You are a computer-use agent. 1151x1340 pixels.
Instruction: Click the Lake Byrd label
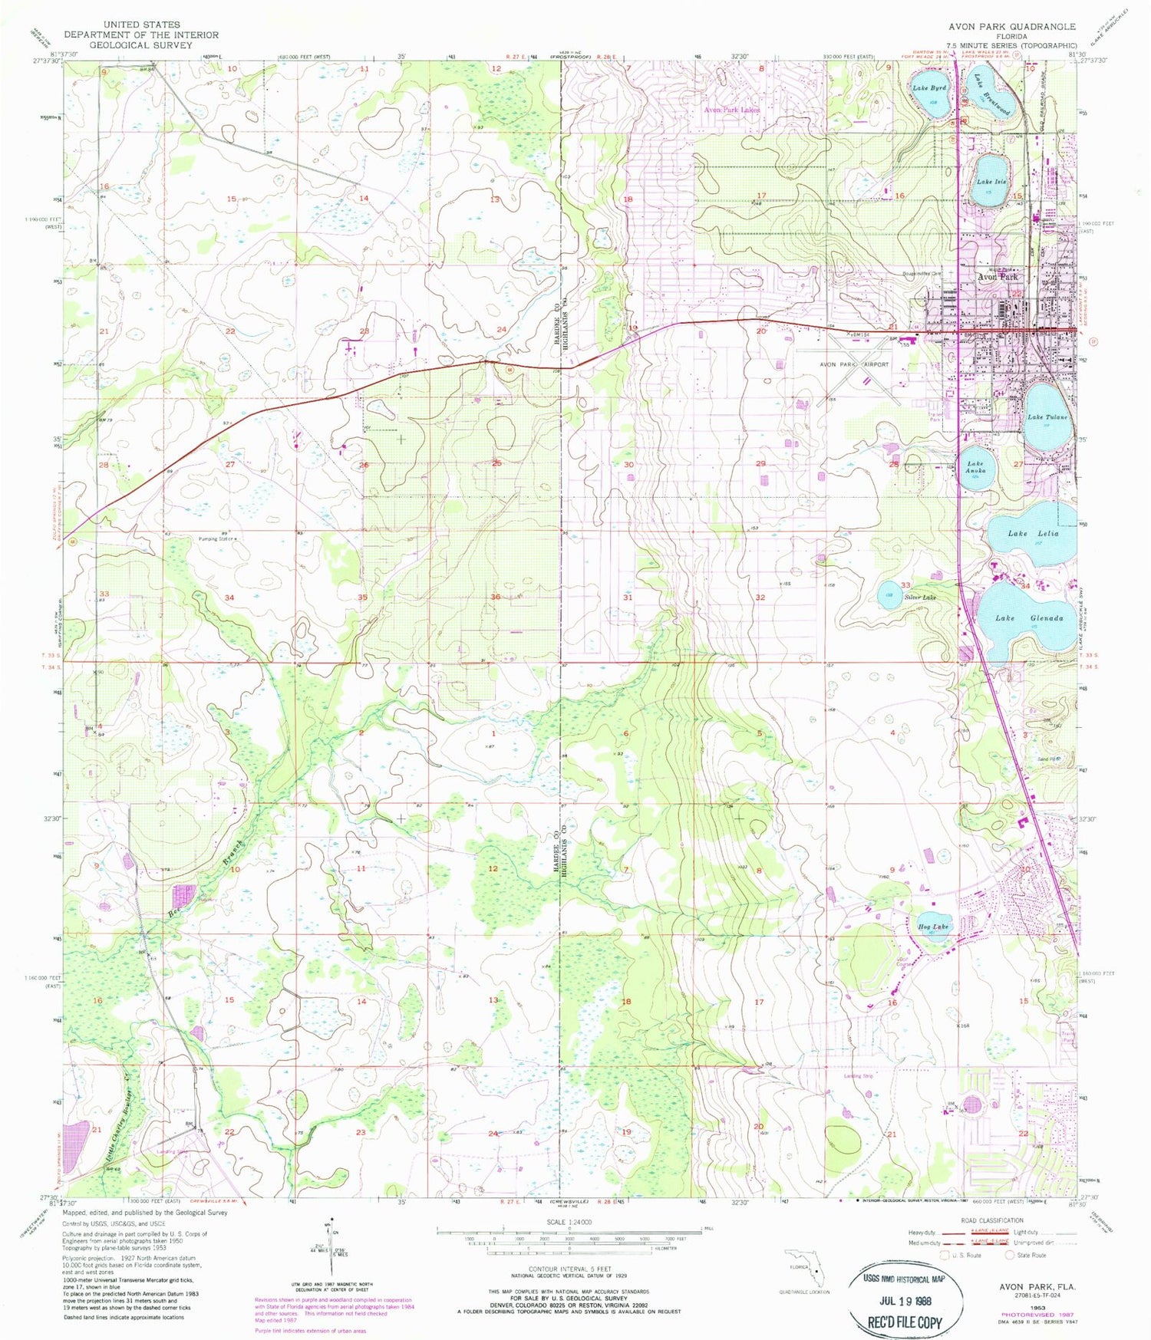(x=928, y=88)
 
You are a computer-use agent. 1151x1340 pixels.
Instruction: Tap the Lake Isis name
(x=991, y=182)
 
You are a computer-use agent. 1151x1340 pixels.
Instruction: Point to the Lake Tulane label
(x=1047, y=417)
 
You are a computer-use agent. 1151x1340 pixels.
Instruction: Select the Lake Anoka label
(x=975, y=467)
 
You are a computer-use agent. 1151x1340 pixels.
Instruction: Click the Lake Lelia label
(x=1033, y=533)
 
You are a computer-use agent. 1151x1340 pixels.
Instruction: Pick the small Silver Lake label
(x=919, y=597)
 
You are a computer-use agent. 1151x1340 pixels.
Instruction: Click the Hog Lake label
(x=933, y=927)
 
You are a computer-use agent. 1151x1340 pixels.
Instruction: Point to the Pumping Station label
(x=216, y=538)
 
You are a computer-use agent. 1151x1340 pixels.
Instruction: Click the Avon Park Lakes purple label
(x=731, y=110)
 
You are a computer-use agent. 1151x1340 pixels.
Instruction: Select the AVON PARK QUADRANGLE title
(x=1011, y=26)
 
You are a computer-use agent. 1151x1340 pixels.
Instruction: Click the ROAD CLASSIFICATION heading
(x=991, y=1220)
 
